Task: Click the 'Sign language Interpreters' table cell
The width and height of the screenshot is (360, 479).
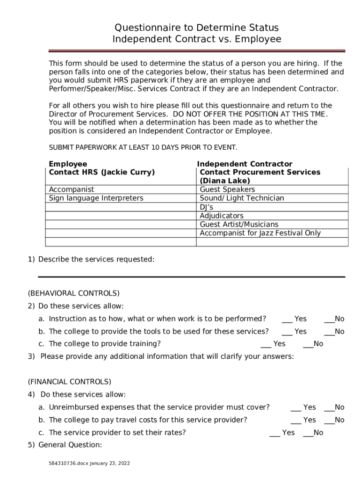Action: [x=96, y=198]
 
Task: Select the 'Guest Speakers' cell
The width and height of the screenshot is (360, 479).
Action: [x=227, y=189]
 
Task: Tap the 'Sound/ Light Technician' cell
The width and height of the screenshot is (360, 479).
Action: [x=242, y=198]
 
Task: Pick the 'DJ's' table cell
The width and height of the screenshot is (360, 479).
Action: [x=207, y=207]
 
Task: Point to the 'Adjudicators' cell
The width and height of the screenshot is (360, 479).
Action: [x=222, y=216]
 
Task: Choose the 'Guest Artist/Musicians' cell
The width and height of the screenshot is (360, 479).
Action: [x=238, y=225]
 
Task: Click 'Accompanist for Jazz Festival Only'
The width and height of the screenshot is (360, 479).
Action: [x=260, y=233]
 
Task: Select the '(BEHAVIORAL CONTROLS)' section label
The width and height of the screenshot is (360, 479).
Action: [x=73, y=293]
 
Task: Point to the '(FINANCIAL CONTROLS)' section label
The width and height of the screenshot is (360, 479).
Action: [x=69, y=381]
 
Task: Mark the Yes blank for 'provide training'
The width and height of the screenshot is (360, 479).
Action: [x=266, y=344]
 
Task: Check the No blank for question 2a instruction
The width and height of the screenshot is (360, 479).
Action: [x=329, y=319]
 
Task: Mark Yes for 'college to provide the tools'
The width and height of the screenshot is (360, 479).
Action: [x=287, y=332]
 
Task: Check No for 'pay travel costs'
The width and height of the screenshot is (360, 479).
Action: [x=329, y=421]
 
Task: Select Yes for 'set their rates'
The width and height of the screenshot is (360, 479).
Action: [x=275, y=433]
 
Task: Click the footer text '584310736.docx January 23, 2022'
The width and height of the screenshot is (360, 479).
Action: [x=89, y=463]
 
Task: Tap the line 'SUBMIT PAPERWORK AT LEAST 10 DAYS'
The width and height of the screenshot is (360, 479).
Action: [x=143, y=147]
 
